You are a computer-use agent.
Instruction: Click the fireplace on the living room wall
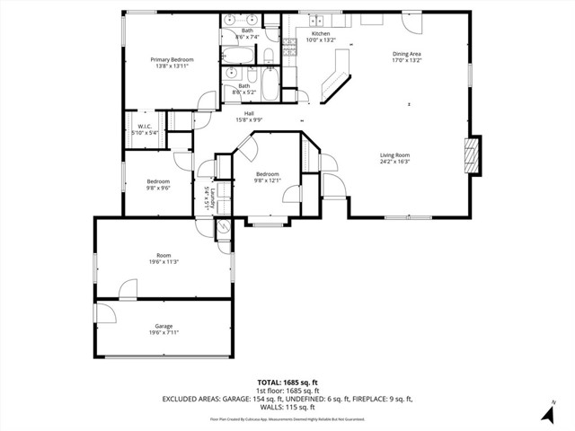(x=473, y=155)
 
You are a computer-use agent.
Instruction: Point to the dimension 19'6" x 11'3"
(x=164, y=261)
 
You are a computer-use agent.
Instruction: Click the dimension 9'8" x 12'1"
(x=267, y=180)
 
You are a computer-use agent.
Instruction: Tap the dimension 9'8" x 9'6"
(x=158, y=188)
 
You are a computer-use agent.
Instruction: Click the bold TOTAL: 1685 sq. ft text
(x=287, y=383)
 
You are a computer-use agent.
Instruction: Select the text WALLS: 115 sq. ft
(x=287, y=407)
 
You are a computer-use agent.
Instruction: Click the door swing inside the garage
(x=105, y=312)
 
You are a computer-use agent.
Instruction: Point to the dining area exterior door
(x=411, y=19)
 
